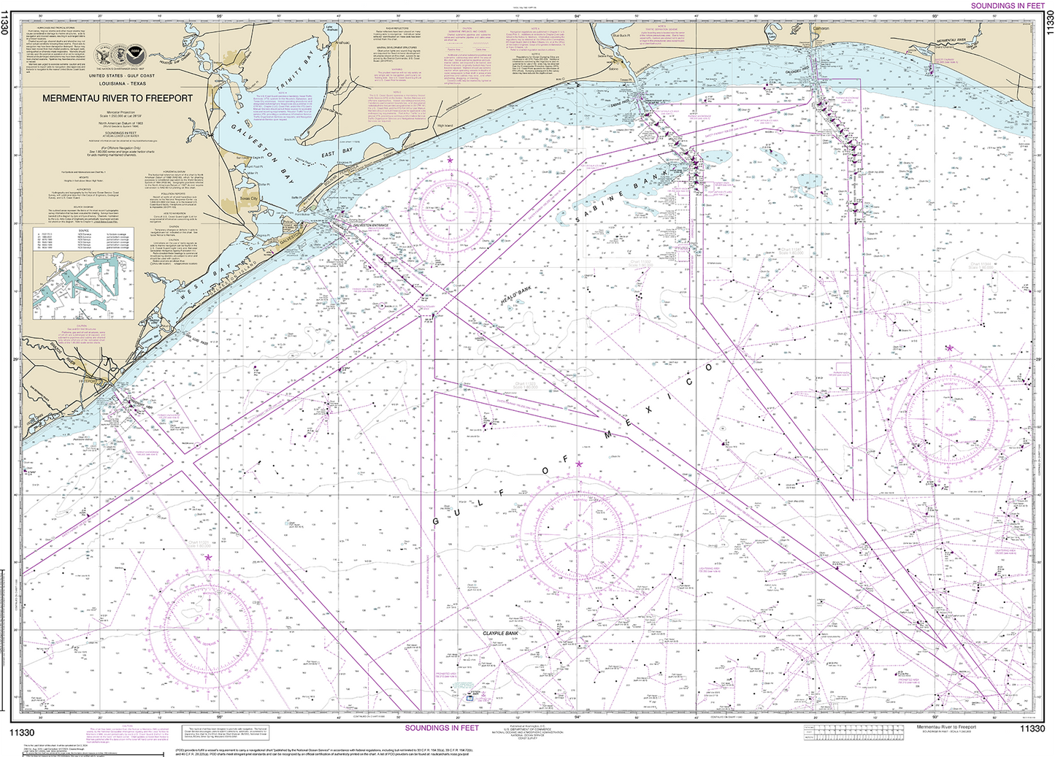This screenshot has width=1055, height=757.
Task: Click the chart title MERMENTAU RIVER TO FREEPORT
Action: (x=117, y=98)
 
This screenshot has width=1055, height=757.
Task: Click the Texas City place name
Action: (x=249, y=198)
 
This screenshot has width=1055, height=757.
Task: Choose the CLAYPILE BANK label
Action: (x=500, y=634)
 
